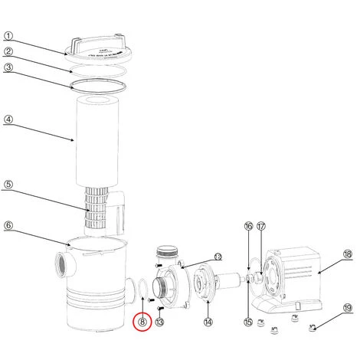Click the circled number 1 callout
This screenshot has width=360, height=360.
[8, 36]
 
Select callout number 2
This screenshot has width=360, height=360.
[8, 51]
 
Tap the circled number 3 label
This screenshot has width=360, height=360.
[8, 67]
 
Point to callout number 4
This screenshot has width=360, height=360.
[8, 119]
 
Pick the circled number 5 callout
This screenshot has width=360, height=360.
[8, 184]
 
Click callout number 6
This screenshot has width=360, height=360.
[8, 225]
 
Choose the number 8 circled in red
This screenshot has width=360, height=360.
[142, 322]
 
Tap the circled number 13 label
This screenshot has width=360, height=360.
[159, 322]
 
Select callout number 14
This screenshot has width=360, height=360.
[208, 322]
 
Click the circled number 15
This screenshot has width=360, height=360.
[248, 322]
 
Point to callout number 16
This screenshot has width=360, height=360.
[248, 226]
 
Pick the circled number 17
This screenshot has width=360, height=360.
[261, 226]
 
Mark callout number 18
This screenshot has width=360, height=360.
[348, 254]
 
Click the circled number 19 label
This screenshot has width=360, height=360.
[348, 308]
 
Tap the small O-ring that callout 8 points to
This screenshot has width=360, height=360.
[142, 280]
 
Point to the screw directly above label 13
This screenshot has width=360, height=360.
[160, 308]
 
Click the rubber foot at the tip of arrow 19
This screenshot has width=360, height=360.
[313, 328]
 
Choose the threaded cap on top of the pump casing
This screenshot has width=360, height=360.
[166, 251]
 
